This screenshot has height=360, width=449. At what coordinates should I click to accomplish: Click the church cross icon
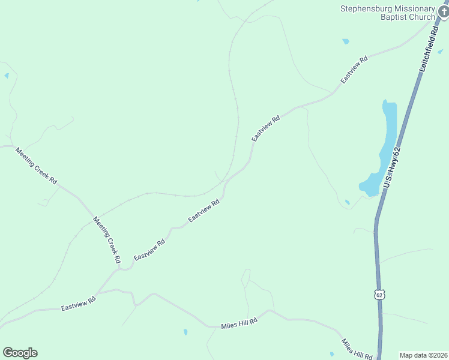(442, 10)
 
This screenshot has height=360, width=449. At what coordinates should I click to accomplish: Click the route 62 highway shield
(378, 295)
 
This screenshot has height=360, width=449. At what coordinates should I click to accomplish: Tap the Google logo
(20, 353)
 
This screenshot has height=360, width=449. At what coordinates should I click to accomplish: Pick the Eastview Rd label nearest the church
(354, 70)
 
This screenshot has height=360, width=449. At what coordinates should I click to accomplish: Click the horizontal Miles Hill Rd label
(239, 323)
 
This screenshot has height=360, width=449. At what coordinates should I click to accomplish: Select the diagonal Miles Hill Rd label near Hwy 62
(357, 349)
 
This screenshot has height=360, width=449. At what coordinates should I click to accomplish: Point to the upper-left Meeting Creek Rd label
(36, 166)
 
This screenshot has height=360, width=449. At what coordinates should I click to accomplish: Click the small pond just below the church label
(345, 41)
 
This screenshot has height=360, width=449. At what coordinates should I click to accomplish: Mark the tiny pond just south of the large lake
(347, 202)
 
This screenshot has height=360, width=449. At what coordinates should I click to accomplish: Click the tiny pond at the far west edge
(6, 76)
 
